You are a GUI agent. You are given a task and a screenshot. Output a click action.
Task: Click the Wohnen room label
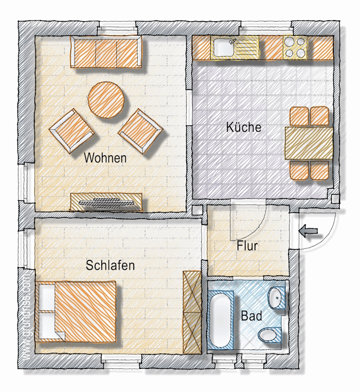pyautogui.click(x=105, y=158)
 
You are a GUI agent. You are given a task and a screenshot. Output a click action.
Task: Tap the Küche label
pyautogui.click(x=244, y=127)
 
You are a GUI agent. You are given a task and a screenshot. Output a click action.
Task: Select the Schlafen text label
pyautogui.click(x=110, y=265)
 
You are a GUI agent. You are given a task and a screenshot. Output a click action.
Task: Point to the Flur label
pyautogui.click(x=247, y=246)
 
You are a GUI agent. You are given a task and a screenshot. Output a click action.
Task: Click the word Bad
pyautogui.click(x=251, y=316)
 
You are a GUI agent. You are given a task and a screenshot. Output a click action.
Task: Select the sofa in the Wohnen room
pyautogui.click(x=106, y=51)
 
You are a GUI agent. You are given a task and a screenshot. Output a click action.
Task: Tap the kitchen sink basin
pyautogui.click(x=224, y=48)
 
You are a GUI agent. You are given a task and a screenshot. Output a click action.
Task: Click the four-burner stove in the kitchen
pyautogui.click(x=295, y=47)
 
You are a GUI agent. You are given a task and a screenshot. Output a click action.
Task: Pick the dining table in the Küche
pyautogui.click(x=309, y=143)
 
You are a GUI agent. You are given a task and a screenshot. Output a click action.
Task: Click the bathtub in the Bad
pyautogui.click(x=220, y=320)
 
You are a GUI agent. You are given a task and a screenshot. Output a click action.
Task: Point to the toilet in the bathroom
pyautogui.click(x=269, y=334)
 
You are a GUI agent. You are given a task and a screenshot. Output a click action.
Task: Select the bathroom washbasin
pyautogui.click(x=277, y=298)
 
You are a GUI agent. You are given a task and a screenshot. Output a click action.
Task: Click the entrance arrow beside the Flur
pyautogui.click(x=308, y=231)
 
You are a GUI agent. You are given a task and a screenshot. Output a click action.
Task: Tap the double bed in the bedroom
pyautogui.click(x=76, y=312)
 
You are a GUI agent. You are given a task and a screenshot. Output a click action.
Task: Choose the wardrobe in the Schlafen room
pyautogui.click(x=192, y=312)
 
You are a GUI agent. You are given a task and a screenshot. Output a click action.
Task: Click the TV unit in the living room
pyautogui.click(x=106, y=202)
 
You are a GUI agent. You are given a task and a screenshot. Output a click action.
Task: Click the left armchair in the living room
pyautogui.click(x=72, y=130)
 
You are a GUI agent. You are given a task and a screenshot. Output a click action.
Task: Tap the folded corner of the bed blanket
pyautogui.click(x=60, y=335)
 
